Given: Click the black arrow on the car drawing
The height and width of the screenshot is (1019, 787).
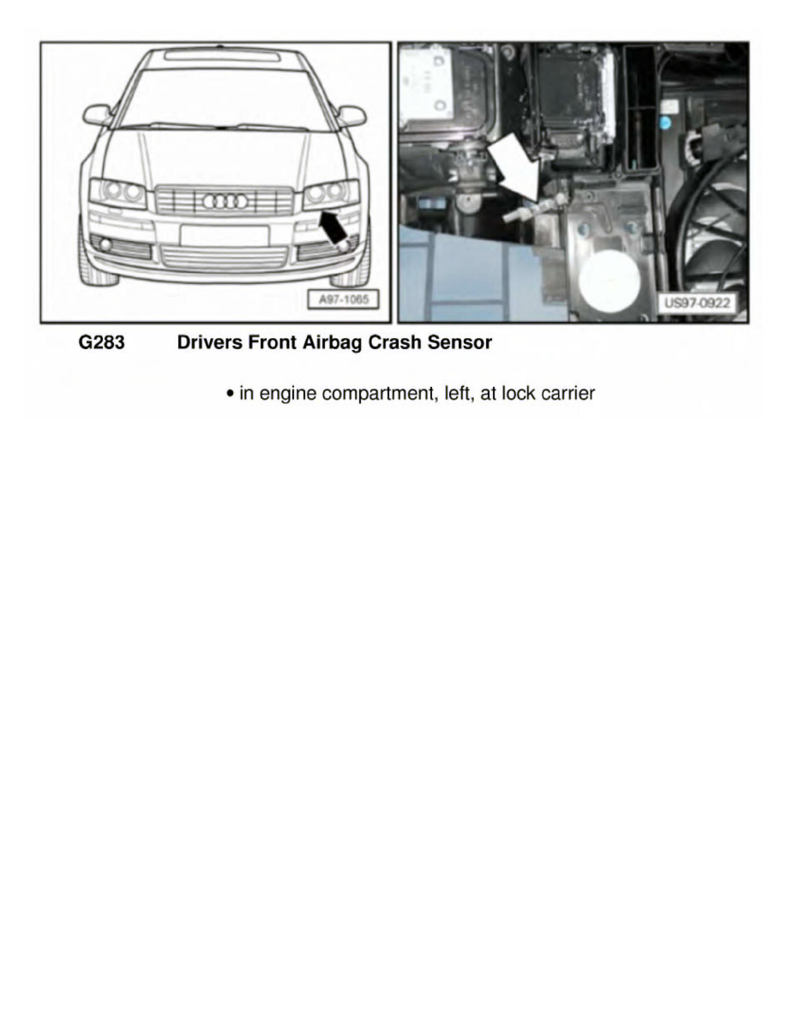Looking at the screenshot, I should coord(333,227).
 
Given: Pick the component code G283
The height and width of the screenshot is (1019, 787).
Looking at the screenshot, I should coord(101,343).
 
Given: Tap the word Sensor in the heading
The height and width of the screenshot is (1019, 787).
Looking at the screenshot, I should coord(460,343).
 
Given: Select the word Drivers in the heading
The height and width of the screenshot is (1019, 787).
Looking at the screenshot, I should coord(207,343).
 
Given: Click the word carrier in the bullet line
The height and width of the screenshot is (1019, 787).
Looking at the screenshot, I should coord(566,394).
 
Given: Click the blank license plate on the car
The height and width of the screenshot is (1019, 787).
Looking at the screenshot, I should coord(225,235).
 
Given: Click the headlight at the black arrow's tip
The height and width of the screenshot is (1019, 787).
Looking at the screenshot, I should coord(331,195).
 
